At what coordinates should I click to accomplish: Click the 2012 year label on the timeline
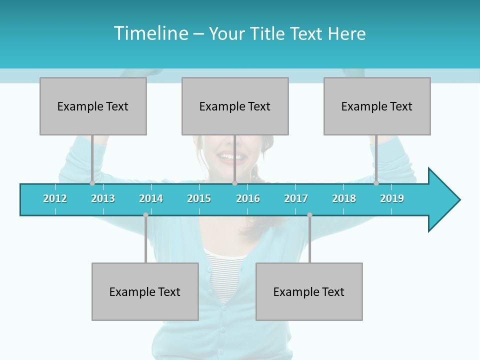[x=55, y=198]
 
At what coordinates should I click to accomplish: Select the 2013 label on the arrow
[x=103, y=198]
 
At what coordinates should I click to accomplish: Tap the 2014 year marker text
[x=151, y=198]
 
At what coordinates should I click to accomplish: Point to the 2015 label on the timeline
[x=199, y=198]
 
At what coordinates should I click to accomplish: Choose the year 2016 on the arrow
[x=248, y=198]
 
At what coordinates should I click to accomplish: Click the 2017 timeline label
[x=296, y=198]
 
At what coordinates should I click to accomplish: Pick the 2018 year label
[x=344, y=198]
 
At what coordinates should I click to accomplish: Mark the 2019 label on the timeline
[x=392, y=198]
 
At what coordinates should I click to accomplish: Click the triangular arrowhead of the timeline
[x=443, y=200]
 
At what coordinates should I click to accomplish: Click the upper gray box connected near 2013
[x=93, y=106]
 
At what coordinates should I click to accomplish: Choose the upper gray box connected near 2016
[x=235, y=106]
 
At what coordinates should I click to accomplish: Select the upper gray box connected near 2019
[x=377, y=106]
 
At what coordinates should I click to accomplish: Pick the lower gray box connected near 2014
[x=145, y=291]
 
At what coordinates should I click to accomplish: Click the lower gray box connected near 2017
[x=309, y=291]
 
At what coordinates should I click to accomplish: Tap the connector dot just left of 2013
[x=92, y=183]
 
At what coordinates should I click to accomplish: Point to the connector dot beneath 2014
[x=145, y=215]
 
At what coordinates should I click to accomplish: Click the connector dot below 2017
[x=309, y=215]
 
